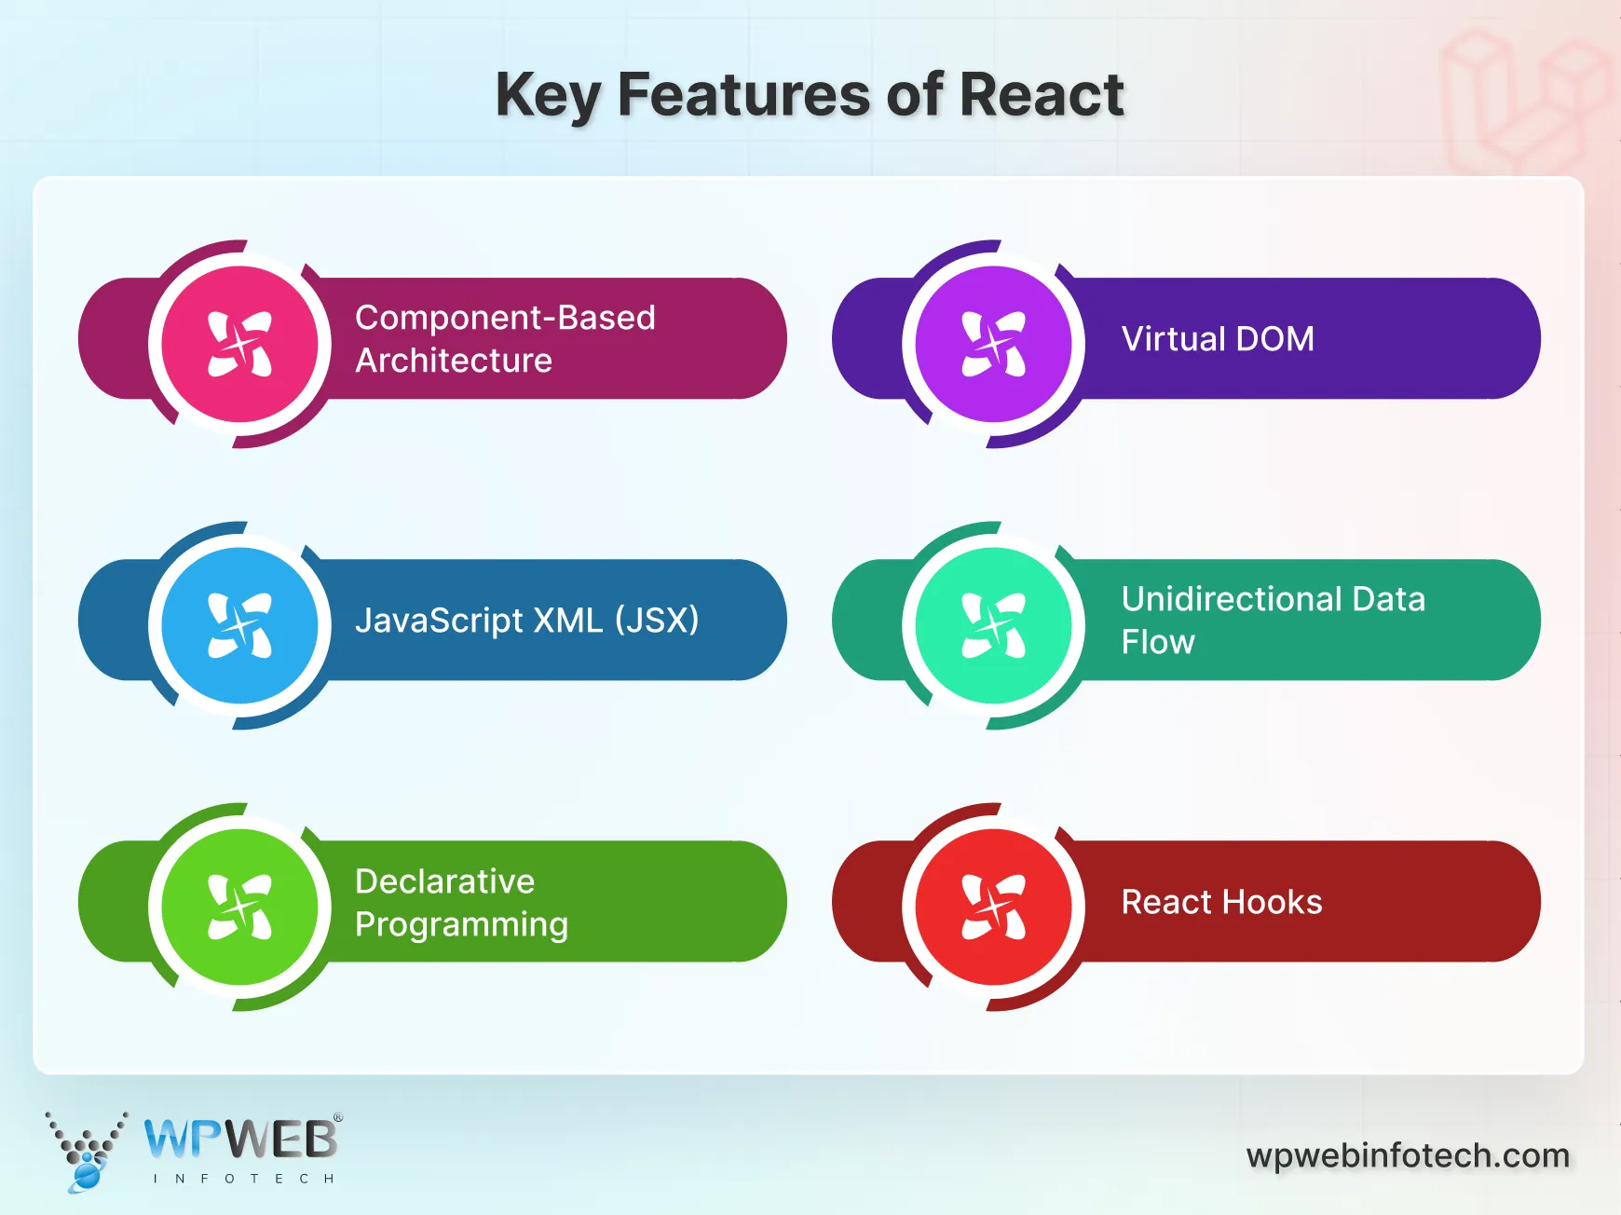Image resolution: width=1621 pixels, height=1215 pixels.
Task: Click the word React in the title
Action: click(x=1041, y=95)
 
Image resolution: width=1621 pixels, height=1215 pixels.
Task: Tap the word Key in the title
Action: click(x=547, y=95)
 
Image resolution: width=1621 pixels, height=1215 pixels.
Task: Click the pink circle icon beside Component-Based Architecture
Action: click(x=240, y=344)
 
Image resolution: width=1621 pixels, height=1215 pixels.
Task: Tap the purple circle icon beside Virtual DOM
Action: click(x=994, y=344)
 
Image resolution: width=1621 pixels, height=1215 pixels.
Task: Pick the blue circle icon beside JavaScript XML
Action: click(x=240, y=625)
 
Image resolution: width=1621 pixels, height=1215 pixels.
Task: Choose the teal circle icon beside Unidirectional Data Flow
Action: click(x=994, y=625)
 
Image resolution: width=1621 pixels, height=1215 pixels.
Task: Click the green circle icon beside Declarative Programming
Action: click(x=240, y=907)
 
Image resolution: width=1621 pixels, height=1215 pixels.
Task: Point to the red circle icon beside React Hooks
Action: click(x=994, y=907)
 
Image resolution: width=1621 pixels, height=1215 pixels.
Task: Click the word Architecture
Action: click(x=454, y=361)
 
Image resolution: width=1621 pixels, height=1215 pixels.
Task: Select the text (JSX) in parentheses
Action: click(x=657, y=621)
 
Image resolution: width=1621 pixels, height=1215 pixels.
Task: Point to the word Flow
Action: click(x=1158, y=642)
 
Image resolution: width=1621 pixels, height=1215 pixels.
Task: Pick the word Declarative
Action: click(x=444, y=881)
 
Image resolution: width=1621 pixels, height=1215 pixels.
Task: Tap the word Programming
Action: click(x=461, y=924)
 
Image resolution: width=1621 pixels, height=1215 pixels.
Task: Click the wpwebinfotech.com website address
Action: click(x=1408, y=1155)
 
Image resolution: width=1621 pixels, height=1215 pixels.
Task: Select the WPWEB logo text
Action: click(x=241, y=1139)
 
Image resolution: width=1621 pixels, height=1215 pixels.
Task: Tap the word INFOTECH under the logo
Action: click(x=243, y=1179)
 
